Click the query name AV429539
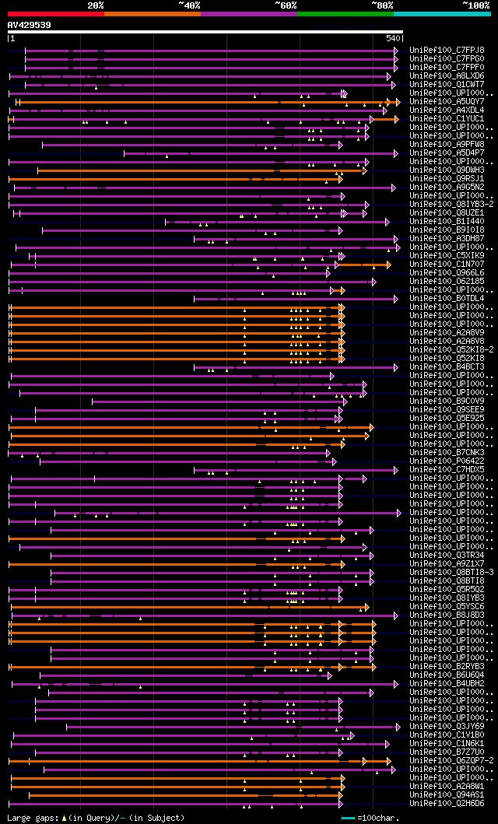[30, 25]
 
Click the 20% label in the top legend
[96, 5]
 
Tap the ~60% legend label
[286, 5]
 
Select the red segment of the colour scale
[55, 13]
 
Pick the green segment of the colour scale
[345, 13]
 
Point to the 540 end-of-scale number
[393, 38]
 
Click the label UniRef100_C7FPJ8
[448, 51]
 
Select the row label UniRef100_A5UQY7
[448, 102]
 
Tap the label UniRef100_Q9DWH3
[448, 170]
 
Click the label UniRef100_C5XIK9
[448, 256]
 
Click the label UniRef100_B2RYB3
[448, 667]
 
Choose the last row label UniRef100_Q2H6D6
[448, 804]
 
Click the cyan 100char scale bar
[348, 818]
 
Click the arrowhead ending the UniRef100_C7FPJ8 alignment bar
[395, 51]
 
